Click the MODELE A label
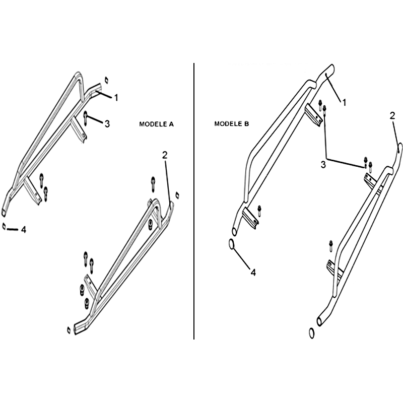pyautogui.click(x=157, y=124)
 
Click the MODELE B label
pyautogui.click(x=232, y=124)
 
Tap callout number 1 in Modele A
pyautogui.click(x=116, y=98)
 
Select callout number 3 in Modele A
pyautogui.click(x=107, y=124)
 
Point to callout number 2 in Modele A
pyautogui.click(x=165, y=155)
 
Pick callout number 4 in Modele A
pyautogui.click(x=23, y=230)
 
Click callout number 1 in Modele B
pyautogui.click(x=345, y=103)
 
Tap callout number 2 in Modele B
pyautogui.click(x=392, y=116)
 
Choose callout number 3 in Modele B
pyautogui.click(x=323, y=165)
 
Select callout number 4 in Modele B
pyautogui.click(x=253, y=273)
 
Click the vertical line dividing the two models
pyautogui.click(x=194, y=201)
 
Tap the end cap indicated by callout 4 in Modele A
pyautogui.click(x=4, y=226)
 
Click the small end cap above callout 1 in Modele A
pyautogui.click(x=106, y=80)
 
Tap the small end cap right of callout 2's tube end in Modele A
pyautogui.click(x=177, y=195)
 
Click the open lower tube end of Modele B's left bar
pyautogui.click(x=234, y=231)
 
